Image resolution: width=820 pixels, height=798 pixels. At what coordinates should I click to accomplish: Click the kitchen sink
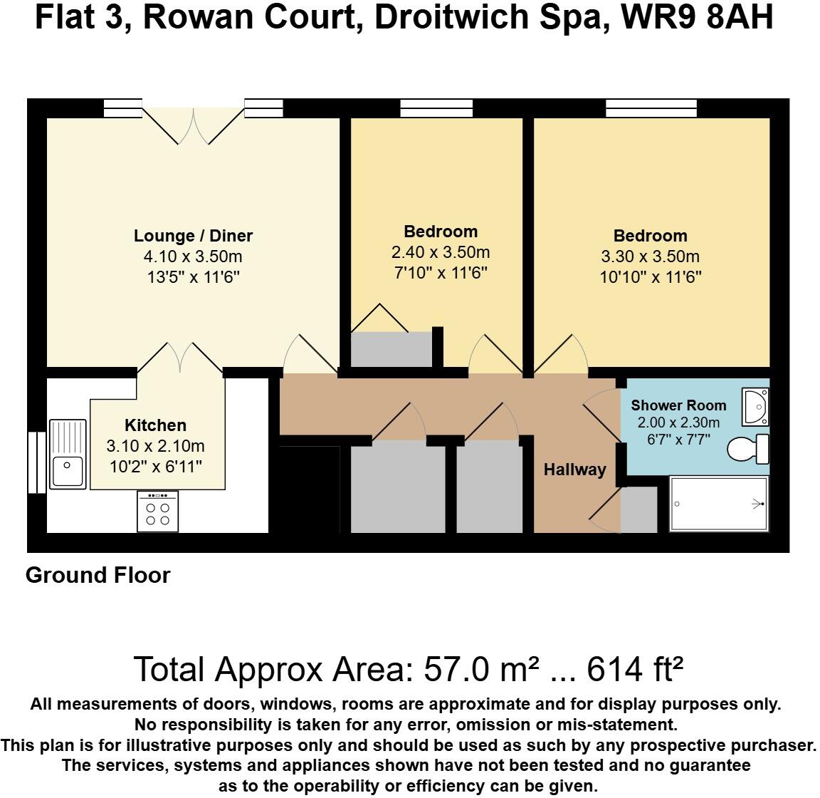68,454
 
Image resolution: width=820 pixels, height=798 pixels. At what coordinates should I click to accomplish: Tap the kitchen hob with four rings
158,512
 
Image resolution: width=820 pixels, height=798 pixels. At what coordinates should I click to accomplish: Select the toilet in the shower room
747,449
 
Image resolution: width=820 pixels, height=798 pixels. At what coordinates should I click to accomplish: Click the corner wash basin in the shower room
754,406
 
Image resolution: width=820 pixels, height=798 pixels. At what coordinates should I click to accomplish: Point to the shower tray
720,504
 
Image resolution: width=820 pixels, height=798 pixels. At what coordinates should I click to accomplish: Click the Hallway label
575,470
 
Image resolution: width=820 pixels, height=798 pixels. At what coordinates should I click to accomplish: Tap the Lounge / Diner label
193,236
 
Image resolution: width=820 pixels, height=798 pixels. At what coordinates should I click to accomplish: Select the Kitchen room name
155,425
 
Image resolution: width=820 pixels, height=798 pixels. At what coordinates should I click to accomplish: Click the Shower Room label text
678,405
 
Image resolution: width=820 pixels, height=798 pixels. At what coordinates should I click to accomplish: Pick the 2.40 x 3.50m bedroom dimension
441,252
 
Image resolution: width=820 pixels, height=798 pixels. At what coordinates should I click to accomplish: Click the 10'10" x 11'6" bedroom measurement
651,276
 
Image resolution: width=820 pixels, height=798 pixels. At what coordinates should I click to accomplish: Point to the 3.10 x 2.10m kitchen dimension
155,447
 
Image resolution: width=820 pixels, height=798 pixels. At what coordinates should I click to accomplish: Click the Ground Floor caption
98,575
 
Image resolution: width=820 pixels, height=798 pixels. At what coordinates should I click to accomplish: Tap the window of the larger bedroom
651,108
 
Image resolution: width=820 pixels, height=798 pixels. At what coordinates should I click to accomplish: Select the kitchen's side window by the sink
36,462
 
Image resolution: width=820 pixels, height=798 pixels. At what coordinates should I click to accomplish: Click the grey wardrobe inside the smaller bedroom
391,349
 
